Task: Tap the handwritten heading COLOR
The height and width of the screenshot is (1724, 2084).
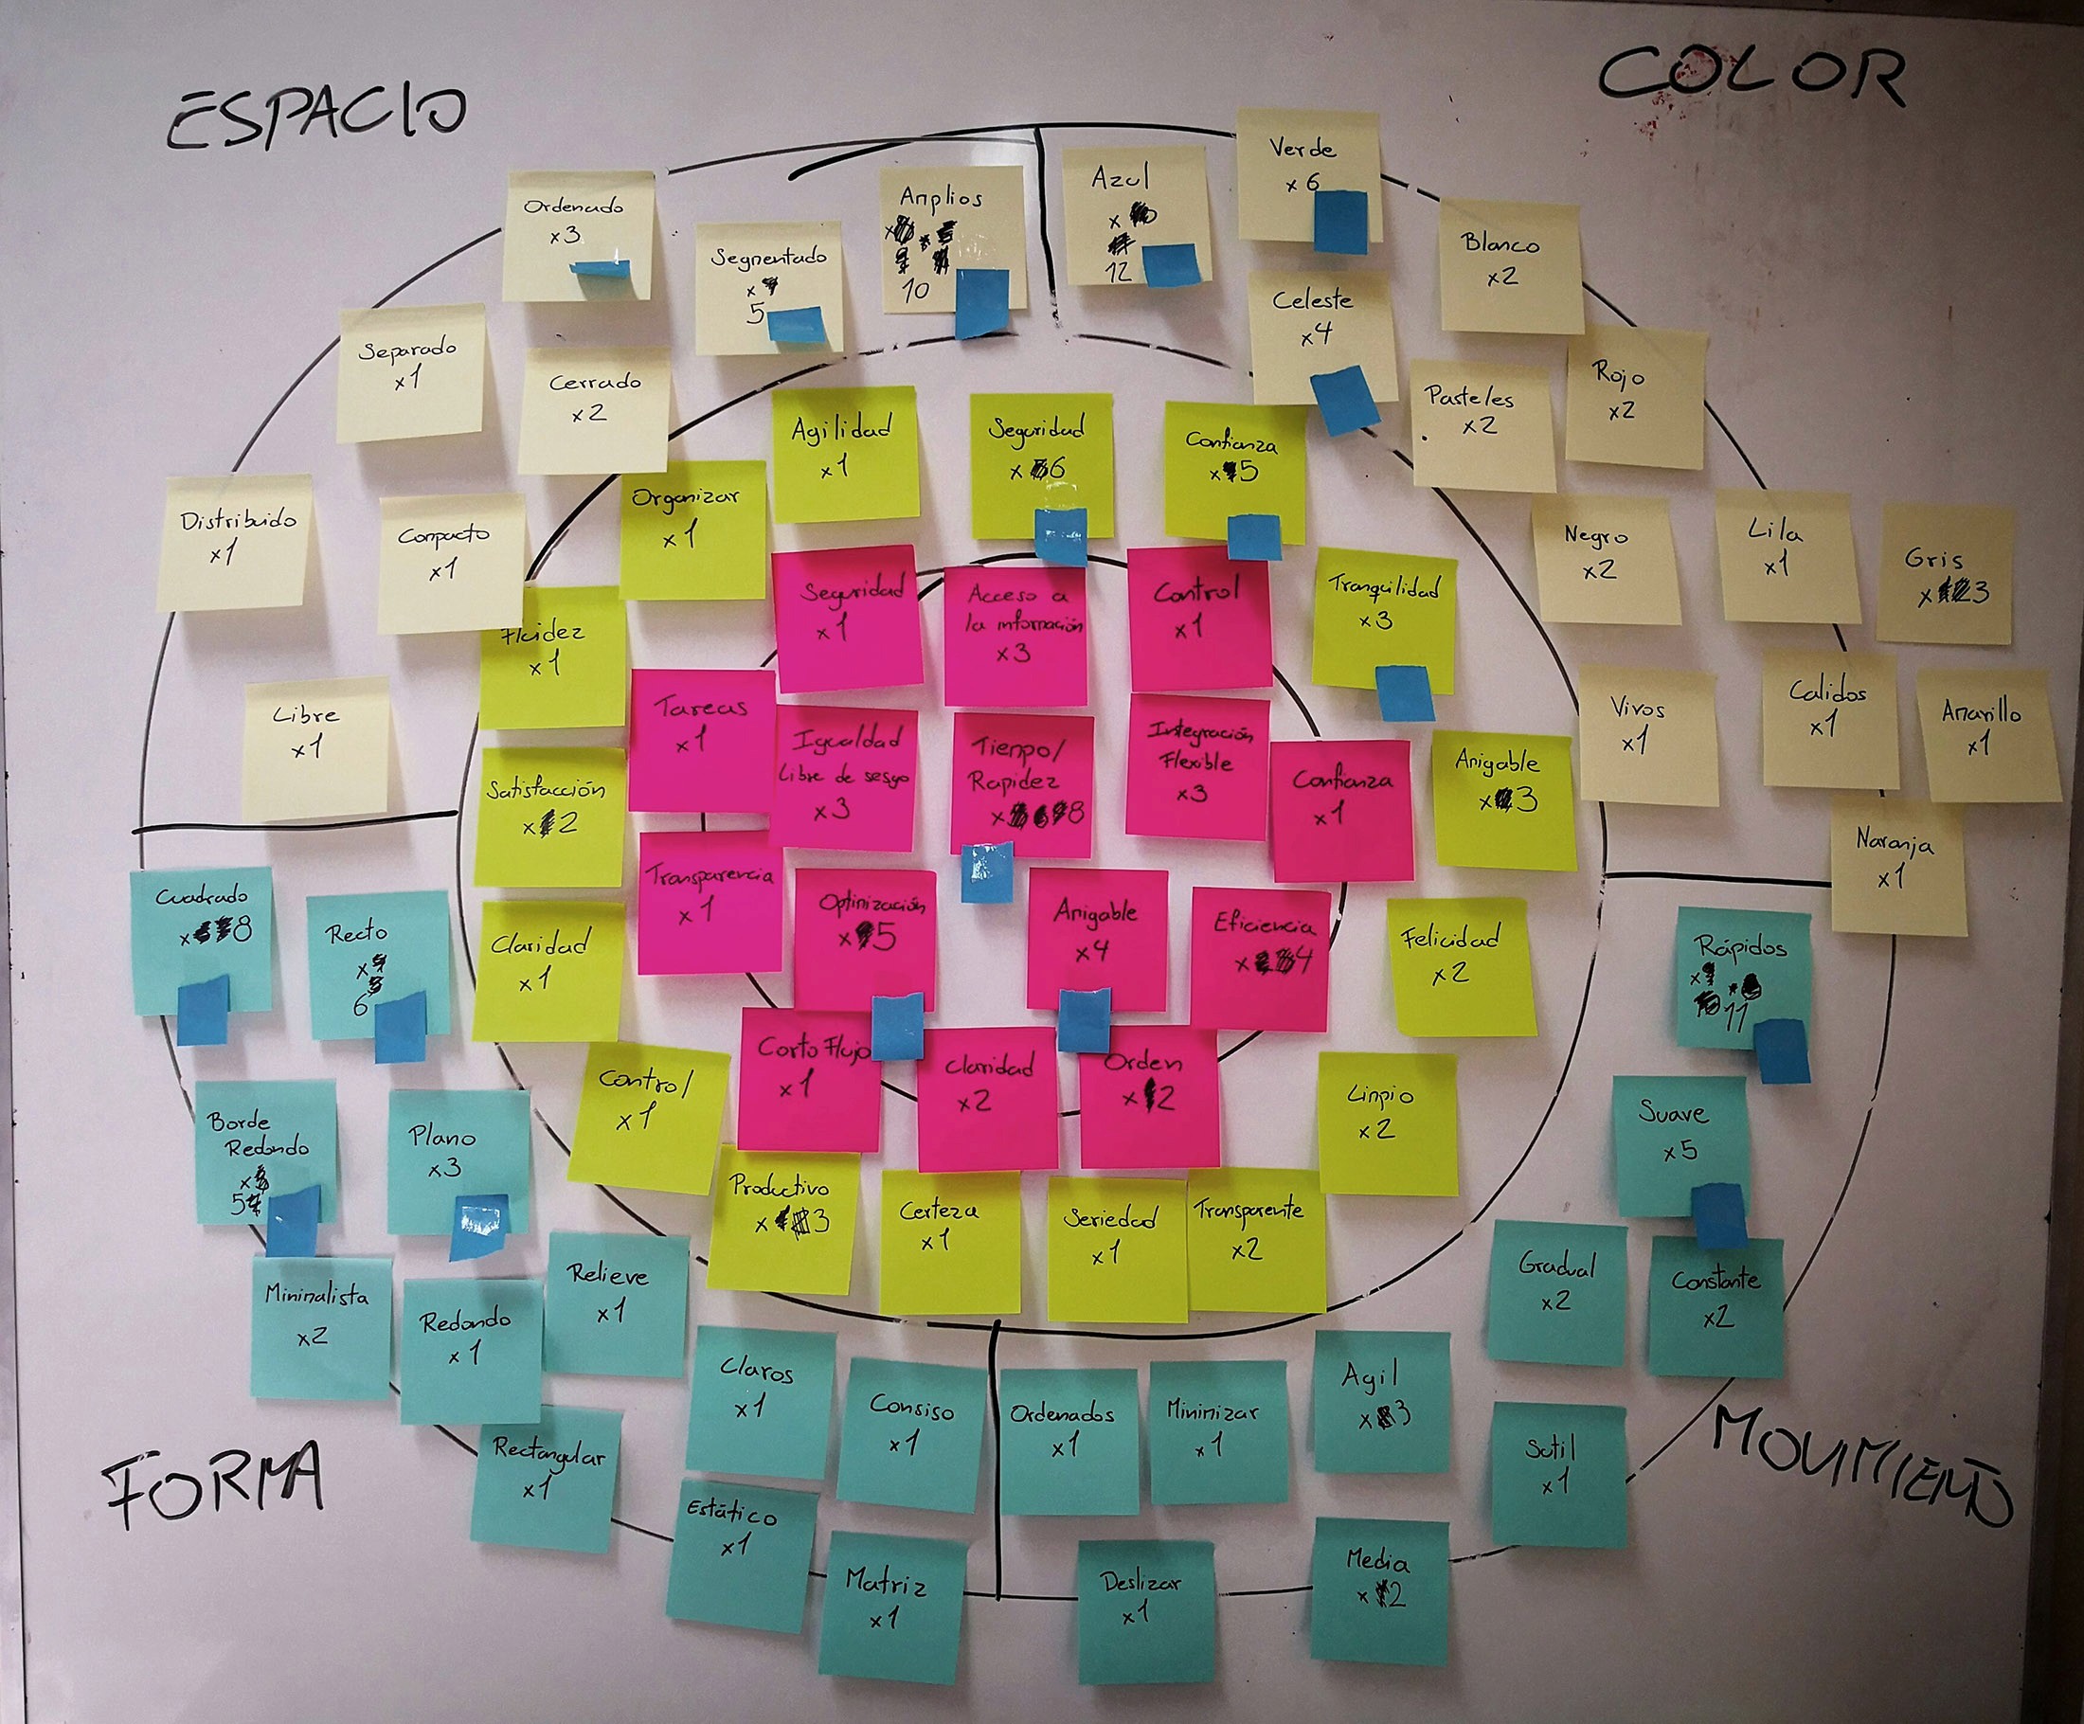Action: tap(1752, 75)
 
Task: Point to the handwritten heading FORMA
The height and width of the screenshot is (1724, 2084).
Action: tap(213, 1483)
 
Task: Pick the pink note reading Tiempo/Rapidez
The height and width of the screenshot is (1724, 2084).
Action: tap(1022, 784)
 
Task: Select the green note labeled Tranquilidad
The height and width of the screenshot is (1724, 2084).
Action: tap(1383, 616)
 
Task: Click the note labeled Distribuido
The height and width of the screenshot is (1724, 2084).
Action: tap(236, 541)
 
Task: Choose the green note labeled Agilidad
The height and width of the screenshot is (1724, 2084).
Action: tap(843, 452)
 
